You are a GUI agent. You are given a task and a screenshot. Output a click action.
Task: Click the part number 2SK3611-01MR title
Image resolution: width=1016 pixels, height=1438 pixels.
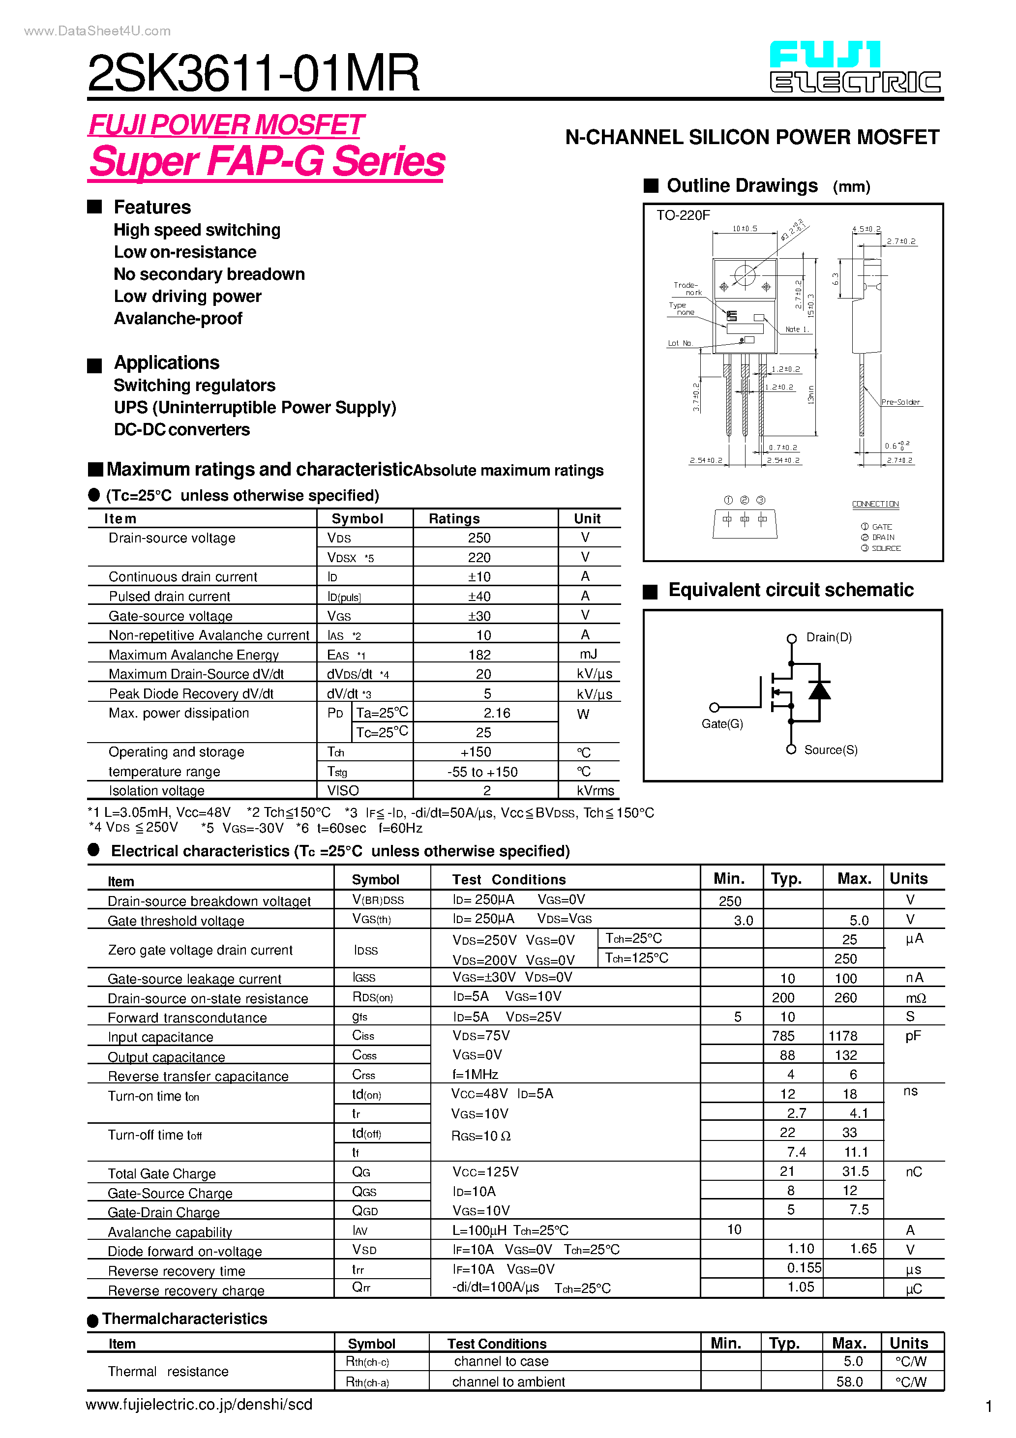pyautogui.click(x=253, y=73)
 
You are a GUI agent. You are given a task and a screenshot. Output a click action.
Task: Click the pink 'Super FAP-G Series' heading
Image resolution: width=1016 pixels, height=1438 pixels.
pyautogui.click(x=267, y=162)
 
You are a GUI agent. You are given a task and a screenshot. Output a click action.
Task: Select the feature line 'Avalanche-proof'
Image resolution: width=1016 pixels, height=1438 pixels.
pyautogui.click(x=178, y=319)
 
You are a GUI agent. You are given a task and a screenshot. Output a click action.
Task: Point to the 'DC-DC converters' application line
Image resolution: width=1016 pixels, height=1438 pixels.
pyautogui.click(x=181, y=430)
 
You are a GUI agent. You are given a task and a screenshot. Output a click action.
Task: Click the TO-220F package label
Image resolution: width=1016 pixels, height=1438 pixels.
pyautogui.click(x=683, y=215)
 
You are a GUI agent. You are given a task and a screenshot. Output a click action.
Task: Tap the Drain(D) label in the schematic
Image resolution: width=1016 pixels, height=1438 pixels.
pyautogui.click(x=829, y=637)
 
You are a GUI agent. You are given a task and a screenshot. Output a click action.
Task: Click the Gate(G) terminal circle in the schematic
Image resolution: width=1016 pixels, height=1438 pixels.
pyautogui.click(x=714, y=708)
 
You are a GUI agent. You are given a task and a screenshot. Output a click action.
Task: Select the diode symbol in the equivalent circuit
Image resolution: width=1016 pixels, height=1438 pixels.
pyautogui.click(x=819, y=690)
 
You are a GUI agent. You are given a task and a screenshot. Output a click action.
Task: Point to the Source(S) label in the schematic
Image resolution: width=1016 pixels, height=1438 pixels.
pyautogui.click(x=831, y=750)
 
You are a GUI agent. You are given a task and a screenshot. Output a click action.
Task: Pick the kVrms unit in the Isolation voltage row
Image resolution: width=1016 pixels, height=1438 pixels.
pyautogui.click(x=595, y=791)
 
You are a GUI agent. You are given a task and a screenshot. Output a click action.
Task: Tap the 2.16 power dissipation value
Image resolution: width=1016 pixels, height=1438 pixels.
pyautogui.click(x=497, y=714)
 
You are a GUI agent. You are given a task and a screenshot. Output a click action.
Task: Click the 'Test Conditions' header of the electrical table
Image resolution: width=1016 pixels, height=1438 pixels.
pyautogui.click(x=508, y=880)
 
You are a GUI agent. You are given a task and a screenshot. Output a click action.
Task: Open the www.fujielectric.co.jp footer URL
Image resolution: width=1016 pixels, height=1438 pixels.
pyautogui.click(x=199, y=1405)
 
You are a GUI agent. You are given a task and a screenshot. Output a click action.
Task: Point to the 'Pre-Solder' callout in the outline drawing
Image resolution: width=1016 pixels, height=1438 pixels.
pyautogui.click(x=900, y=402)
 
